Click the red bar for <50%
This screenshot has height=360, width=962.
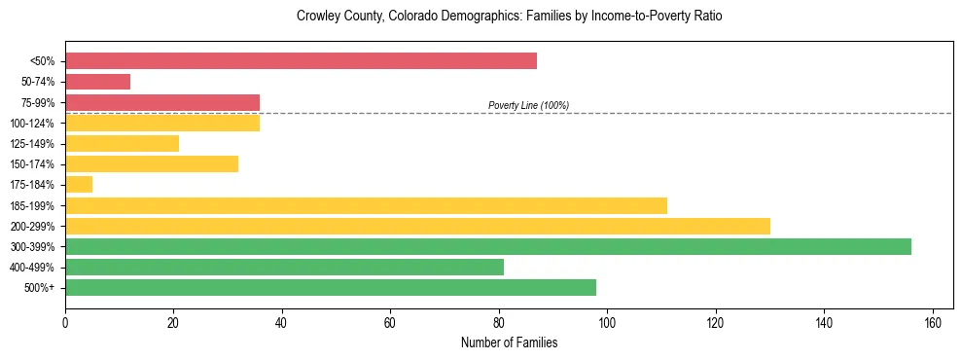(301, 60)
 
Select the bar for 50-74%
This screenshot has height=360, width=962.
(97, 82)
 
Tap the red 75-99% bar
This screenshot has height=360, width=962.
(162, 102)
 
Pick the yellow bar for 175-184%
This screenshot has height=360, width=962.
(79, 185)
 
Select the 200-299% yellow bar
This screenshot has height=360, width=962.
(417, 226)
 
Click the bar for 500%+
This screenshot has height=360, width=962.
(331, 287)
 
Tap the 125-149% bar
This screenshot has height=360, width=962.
(122, 143)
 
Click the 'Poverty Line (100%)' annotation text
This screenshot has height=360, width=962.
(528, 105)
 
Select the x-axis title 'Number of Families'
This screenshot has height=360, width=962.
(509, 342)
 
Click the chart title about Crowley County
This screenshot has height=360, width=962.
(509, 17)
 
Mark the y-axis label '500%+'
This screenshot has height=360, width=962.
(40, 288)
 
